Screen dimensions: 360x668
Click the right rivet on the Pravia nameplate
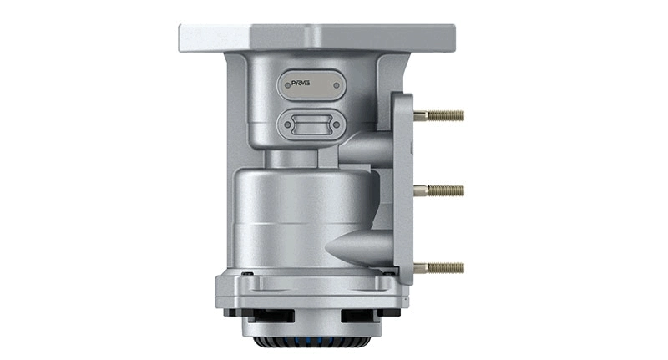tap(332, 85)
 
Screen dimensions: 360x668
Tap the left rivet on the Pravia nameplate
tap(286, 85)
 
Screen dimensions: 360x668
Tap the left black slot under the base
tap(269, 317)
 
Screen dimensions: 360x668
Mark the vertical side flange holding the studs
tap(403, 188)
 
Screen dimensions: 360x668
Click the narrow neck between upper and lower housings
tap(301, 157)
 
